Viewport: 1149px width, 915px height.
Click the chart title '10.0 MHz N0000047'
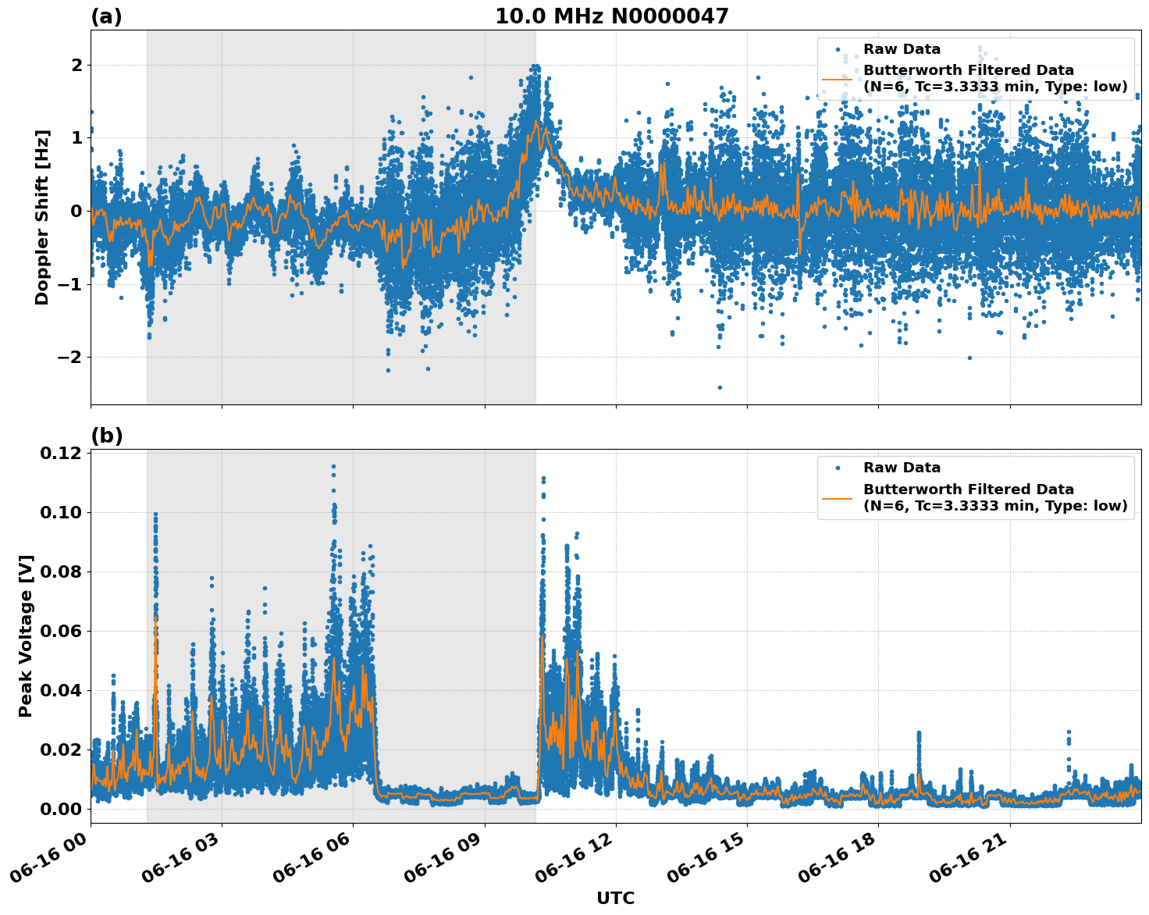pos(611,16)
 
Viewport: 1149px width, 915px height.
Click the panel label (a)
pos(106,16)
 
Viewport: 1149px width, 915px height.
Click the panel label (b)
pos(106,436)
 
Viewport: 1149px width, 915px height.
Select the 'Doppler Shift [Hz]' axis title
pos(42,217)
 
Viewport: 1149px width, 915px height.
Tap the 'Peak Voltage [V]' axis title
pos(26,636)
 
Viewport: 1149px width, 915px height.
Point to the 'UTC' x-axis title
pos(615,898)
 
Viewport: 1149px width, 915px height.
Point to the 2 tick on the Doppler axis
pos(76,65)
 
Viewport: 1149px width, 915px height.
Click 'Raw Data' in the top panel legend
pos(902,49)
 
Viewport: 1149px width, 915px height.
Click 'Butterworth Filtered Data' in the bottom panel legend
pos(968,490)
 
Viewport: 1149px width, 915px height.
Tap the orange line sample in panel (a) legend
pos(838,79)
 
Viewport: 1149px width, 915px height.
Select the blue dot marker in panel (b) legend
pos(838,468)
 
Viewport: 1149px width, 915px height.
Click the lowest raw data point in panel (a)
pos(720,387)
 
